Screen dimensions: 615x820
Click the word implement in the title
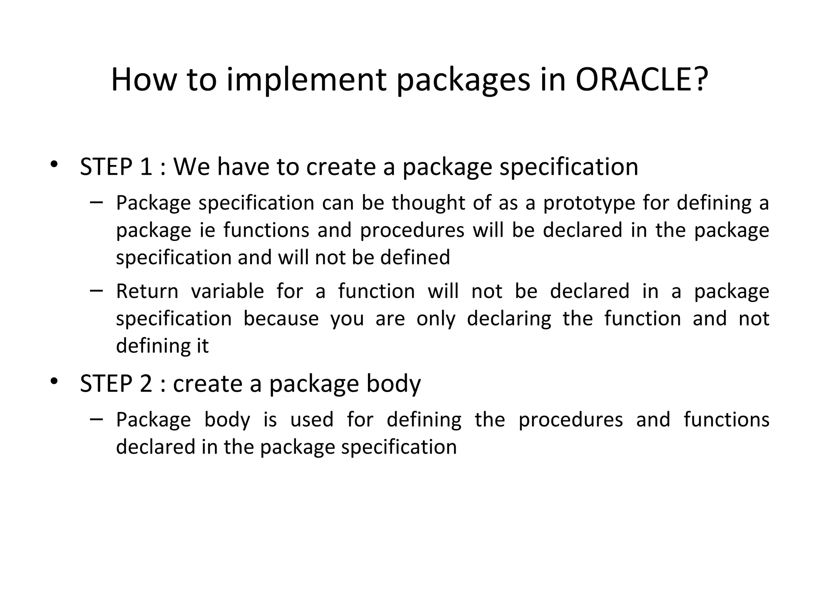306,80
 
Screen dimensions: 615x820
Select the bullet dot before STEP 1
54,165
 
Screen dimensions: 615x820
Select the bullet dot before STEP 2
54,381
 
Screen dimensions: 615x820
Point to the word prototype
589,203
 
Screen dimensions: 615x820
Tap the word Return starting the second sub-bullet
147,291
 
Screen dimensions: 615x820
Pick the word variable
227,291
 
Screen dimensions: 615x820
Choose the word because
281,319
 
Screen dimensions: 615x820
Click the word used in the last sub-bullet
312,420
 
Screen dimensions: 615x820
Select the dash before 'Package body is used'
96,419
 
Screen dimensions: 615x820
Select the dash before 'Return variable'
96,290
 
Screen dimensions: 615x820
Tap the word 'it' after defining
202,346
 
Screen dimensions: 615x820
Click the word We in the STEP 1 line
191,167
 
